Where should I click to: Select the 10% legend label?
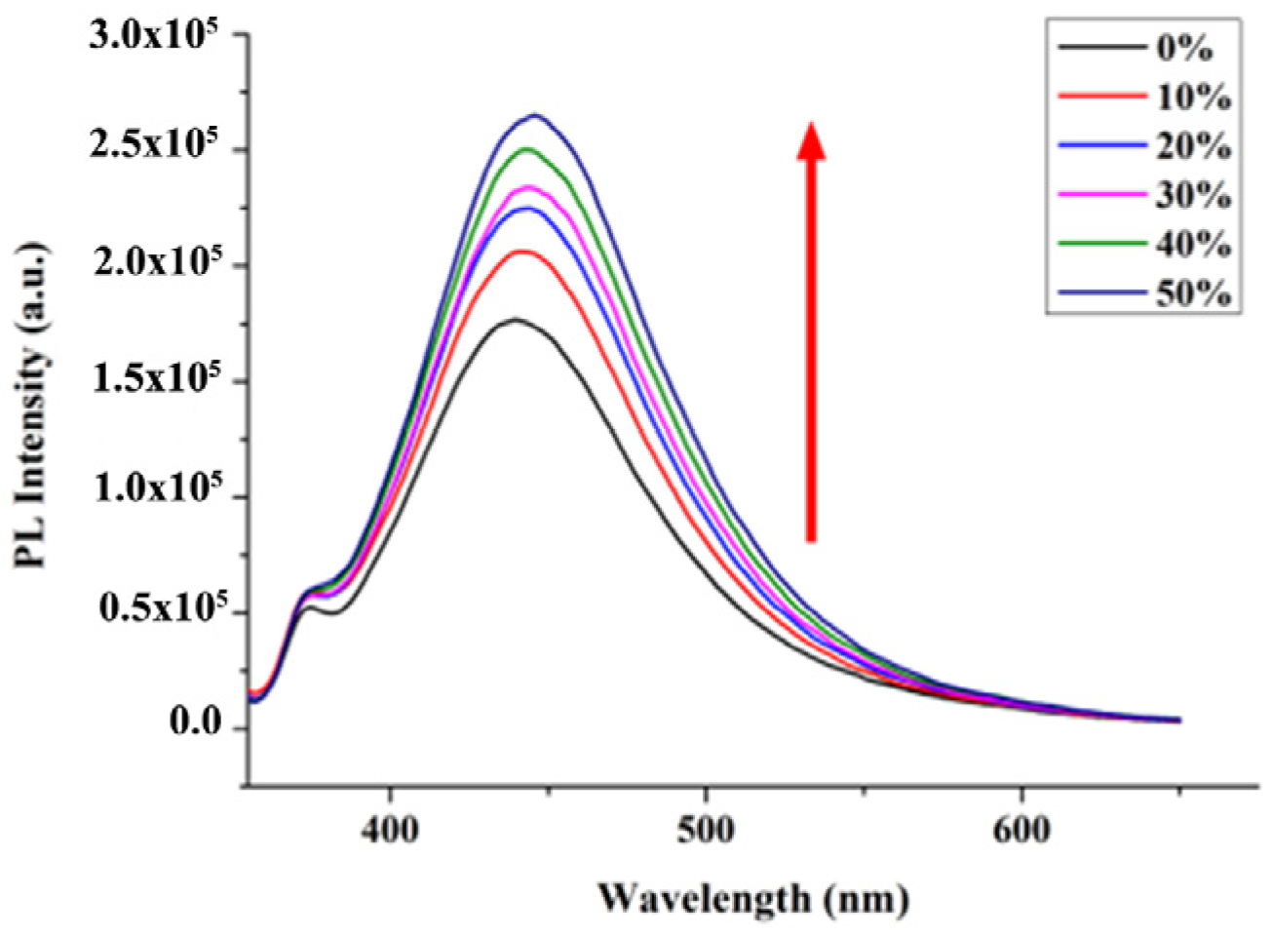coord(1193,97)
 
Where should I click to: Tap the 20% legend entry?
coord(1193,146)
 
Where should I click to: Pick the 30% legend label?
coord(1193,195)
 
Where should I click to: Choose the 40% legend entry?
coord(1193,244)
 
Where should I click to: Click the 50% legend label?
coord(1193,292)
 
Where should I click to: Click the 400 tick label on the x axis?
coord(390,831)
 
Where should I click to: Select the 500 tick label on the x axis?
coord(706,831)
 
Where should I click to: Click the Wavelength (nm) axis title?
coord(752,897)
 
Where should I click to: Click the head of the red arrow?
coord(811,138)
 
